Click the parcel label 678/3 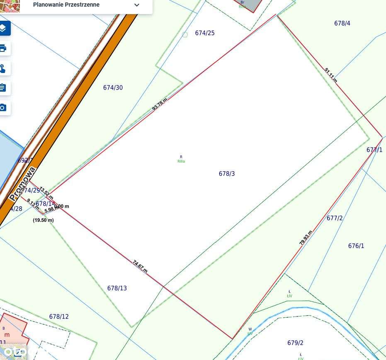tap(227, 174)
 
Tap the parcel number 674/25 tap(205, 33)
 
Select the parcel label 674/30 tap(113, 88)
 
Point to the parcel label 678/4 tap(342, 23)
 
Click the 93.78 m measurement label tap(160, 104)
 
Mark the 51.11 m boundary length tap(330, 75)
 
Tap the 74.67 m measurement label tap(140, 266)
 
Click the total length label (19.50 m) tap(43, 220)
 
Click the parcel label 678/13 tap(117, 288)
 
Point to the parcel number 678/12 tap(59, 316)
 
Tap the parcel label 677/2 tap(335, 218)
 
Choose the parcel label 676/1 tap(356, 246)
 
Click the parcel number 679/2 tap(295, 343)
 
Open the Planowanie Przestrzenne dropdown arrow tap(137, 5)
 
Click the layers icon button tap(3, 28)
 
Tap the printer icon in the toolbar tap(3, 48)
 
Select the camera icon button tap(3, 108)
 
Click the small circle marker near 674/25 tap(185, 35)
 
